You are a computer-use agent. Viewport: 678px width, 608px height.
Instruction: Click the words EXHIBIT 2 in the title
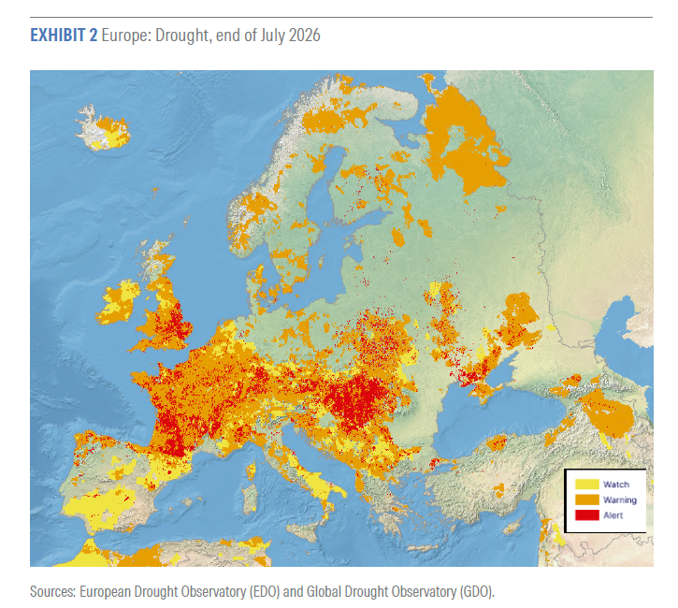[x=64, y=35]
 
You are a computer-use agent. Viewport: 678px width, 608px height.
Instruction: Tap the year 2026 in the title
[x=305, y=35]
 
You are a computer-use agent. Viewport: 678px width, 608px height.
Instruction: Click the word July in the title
[x=272, y=36]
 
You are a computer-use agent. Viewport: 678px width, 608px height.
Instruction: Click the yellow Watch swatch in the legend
[x=586, y=484]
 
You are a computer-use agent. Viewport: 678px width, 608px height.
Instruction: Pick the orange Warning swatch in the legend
[x=586, y=499]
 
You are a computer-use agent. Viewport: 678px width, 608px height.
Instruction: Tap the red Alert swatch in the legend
[x=586, y=515]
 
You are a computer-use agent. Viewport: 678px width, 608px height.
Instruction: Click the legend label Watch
[x=615, y=485]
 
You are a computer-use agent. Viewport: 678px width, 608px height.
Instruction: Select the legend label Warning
[x=620, y=499]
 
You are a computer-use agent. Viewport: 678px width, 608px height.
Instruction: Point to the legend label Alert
[x=613, y=515]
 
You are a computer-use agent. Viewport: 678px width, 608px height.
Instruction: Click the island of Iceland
[x=103, y=128]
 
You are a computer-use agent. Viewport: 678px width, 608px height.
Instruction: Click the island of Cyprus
[x=512, y=528]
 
